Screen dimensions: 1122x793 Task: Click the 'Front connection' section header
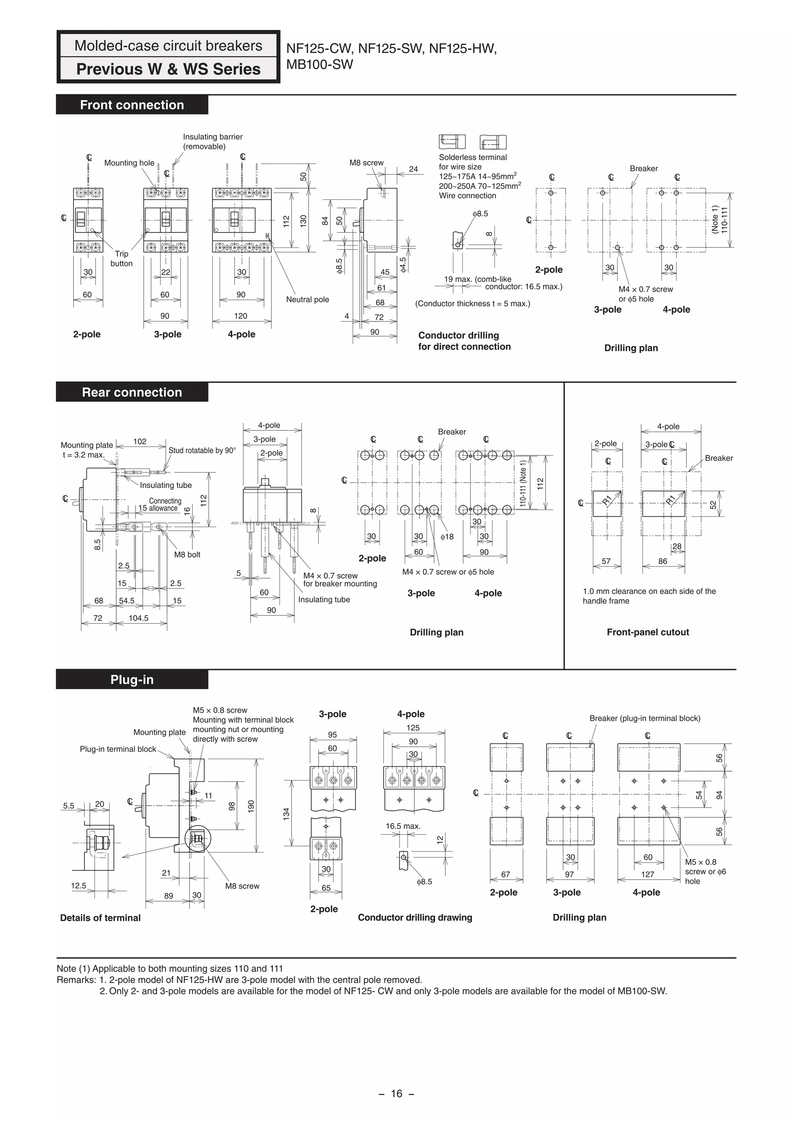coord(132,105)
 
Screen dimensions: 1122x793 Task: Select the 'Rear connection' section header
coord(132,392)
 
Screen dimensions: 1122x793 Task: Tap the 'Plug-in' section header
coord(132,680)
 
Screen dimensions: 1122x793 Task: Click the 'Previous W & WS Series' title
coord(168,69)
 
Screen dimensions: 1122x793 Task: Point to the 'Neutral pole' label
coord(307,299)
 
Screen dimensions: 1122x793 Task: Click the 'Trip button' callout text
coord(122,258)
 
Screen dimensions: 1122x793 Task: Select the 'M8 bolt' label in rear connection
coord(187,555)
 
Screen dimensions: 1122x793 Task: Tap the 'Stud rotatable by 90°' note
coord(202,450)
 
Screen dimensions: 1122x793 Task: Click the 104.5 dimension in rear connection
coord(138,618)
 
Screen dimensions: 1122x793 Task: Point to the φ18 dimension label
coord(446,536)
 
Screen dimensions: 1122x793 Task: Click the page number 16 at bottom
coord(396,1093)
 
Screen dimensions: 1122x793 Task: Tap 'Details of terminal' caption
coord(100,918)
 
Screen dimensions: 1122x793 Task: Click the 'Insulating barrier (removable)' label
coord(213,142)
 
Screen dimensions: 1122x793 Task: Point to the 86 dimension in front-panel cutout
coord(662,562)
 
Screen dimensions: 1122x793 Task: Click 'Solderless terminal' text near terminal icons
coord(472,157)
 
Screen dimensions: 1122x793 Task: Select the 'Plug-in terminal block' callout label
coord(118,749)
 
